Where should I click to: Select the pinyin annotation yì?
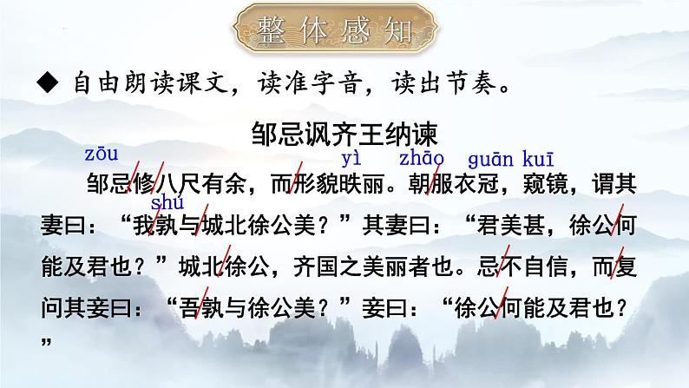(351, 159)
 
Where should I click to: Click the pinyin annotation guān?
(491, 159)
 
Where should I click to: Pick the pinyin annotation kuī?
(539, 158)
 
